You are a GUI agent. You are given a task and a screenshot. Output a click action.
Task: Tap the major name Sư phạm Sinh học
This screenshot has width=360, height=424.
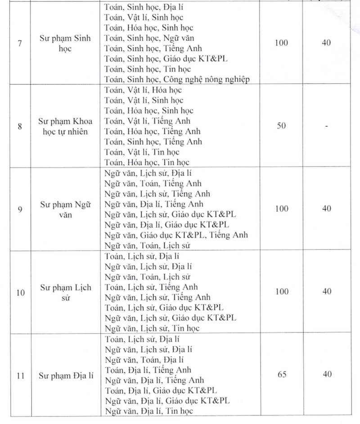65,44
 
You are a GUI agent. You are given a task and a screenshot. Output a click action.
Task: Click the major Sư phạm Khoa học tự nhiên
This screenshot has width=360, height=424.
65,126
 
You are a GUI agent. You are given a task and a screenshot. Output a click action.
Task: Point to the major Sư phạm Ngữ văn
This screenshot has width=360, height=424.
65,209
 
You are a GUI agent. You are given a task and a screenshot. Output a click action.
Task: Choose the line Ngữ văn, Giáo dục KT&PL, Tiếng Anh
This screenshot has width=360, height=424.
175,235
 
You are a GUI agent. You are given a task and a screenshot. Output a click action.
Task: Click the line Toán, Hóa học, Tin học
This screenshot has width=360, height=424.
147,162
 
